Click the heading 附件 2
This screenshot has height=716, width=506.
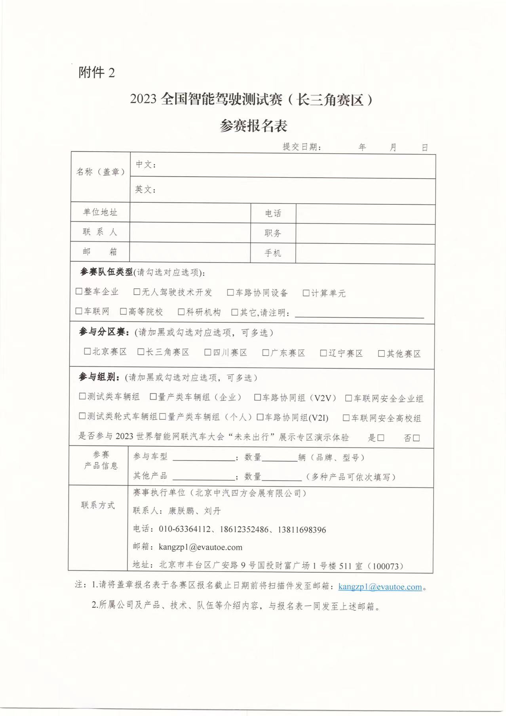point(97,73)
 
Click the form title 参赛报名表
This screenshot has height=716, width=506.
point(253,126)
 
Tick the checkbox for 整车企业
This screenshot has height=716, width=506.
point(79,291)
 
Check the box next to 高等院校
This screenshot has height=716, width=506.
point(123,312)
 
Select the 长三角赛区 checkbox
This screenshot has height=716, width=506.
point(141,352)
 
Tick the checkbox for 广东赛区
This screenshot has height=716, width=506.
point(266,352)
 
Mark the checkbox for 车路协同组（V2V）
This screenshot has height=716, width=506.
point(257,397)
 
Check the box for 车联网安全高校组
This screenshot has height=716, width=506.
point(346,417)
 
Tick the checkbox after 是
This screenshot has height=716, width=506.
point(381,438)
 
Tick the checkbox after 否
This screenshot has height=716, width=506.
point(416,438)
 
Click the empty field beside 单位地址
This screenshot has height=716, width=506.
point(190,213)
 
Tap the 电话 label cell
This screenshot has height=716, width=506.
point(273,214)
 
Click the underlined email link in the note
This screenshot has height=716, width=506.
point(380,587)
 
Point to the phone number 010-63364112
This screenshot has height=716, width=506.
point(185,529)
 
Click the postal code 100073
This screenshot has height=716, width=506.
point(386,566)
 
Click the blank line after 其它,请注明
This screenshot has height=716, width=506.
point(359,313)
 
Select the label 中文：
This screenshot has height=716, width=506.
point(146,165)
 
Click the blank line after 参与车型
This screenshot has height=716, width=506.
point(204,457)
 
